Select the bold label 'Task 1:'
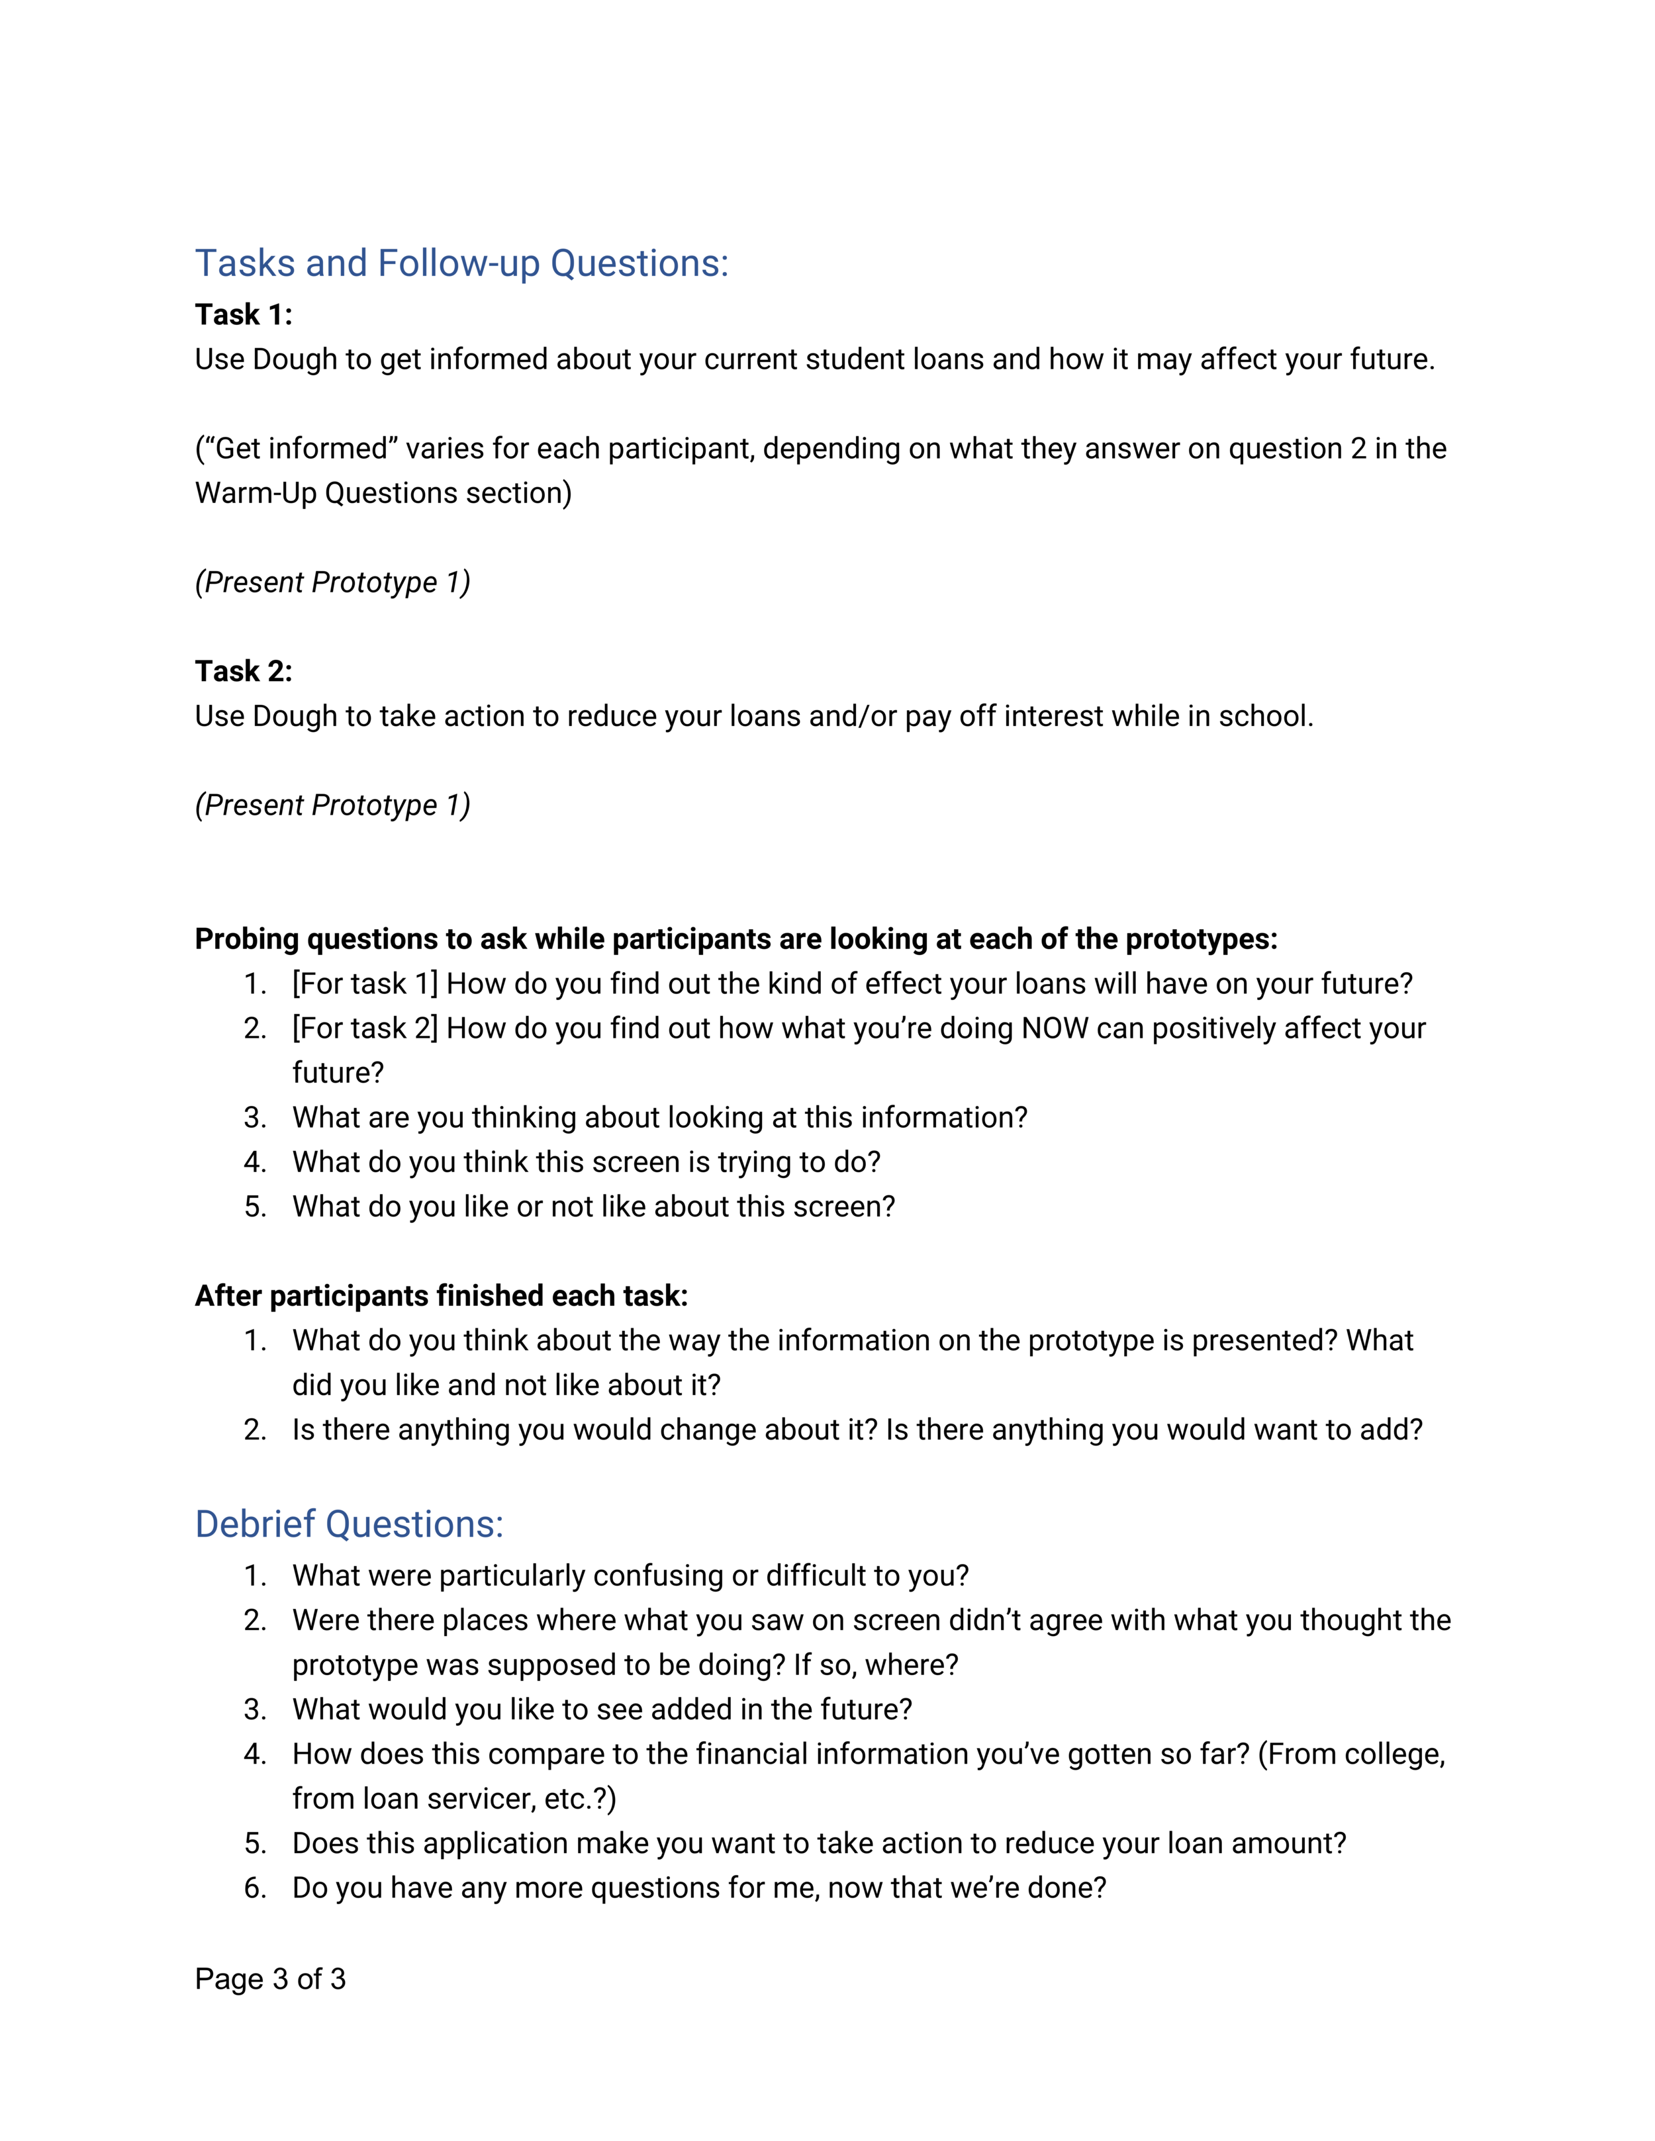point(243,314)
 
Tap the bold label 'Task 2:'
point(243,672)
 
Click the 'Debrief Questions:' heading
point(349,1524)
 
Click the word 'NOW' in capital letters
point(1054,1028)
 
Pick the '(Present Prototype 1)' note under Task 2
point(332,805)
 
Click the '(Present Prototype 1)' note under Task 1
point(332,582)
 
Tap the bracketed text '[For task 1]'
point(365,984)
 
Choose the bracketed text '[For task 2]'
point(365,1028)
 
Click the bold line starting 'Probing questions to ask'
point(735,939)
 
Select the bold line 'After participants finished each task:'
point(441,1296)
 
